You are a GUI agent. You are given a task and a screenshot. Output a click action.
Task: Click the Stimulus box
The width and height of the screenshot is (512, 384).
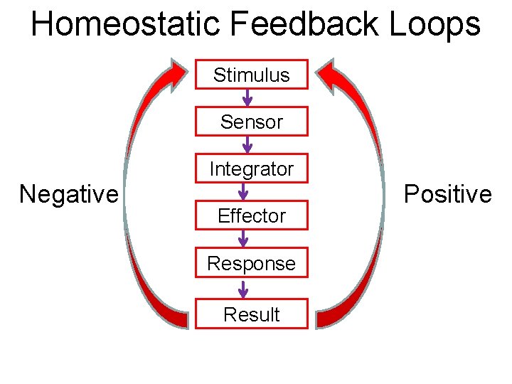252,75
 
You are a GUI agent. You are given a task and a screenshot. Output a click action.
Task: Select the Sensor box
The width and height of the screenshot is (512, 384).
252,122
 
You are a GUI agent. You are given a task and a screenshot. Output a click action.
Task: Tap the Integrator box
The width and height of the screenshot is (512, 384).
252,169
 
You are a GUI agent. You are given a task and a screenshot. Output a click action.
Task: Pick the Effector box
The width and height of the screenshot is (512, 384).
252,215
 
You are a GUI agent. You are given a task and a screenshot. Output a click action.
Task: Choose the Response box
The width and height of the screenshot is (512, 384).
252,263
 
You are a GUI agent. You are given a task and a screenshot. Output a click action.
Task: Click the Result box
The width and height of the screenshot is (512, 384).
252,314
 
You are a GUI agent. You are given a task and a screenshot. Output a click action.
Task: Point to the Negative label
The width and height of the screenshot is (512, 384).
69,193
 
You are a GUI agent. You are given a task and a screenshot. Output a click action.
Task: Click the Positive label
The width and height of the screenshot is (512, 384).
448,194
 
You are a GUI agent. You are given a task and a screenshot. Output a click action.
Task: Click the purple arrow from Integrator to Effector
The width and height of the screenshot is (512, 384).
243,191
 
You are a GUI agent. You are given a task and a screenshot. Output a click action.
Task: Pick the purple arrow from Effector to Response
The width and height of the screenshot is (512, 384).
243,239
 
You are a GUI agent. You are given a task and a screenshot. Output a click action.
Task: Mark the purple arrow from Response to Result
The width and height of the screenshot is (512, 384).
243,289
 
